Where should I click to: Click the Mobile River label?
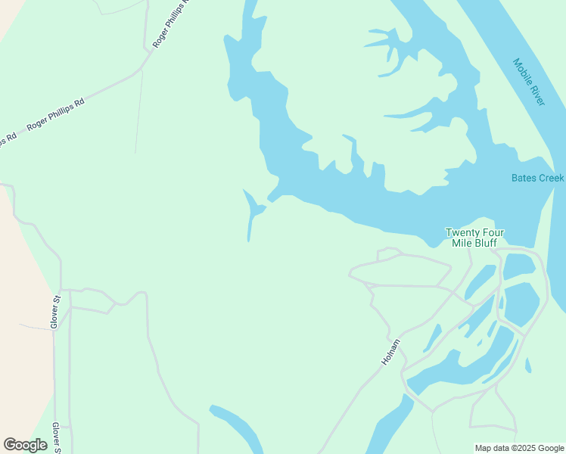click(x=528, y=82)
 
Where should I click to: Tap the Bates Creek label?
click(x=537, y=178)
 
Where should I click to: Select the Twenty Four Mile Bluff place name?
click(x=474, y=238)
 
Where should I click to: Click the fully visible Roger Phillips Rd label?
click(x=55, y=113)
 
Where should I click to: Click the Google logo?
click(x=25, y=445)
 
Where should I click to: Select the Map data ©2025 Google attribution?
click(x=518, y=448)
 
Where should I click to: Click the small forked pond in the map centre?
click(x=253, y=211)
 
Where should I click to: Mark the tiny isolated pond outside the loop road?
click(x=528, y=365)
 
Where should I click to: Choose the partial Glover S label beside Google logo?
click(x=56, y=437)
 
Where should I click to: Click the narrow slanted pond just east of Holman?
click(x=433, y=337)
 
